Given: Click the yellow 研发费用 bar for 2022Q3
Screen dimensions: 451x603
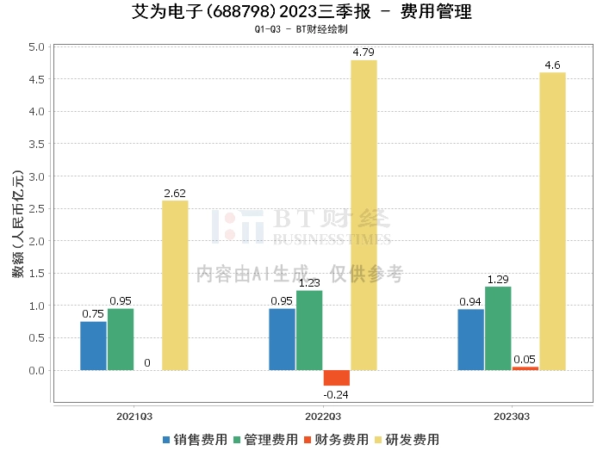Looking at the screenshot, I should click(x=364, y=215).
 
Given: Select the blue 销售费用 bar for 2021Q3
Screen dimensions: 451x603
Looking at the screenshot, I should click(x=93, y=346).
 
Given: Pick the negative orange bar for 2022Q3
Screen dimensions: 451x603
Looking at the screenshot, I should click(x=337, y=378).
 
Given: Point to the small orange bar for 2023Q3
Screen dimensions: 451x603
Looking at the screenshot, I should click(x=525, y=368).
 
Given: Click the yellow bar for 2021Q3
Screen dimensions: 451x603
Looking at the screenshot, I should click(x=175, y=285).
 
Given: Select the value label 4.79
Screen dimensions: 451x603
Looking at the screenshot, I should click(x=364, y=53).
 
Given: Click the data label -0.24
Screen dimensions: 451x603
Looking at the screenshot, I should click(x=337, y=394).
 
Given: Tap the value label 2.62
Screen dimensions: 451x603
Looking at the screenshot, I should click(x=175, y=193).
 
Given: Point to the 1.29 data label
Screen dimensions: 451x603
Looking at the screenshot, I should click(x=498, y=280).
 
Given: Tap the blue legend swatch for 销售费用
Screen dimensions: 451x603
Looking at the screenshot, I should click(x=167, y=439).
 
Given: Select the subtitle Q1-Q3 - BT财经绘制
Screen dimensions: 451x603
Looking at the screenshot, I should click(x=301, y=29).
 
